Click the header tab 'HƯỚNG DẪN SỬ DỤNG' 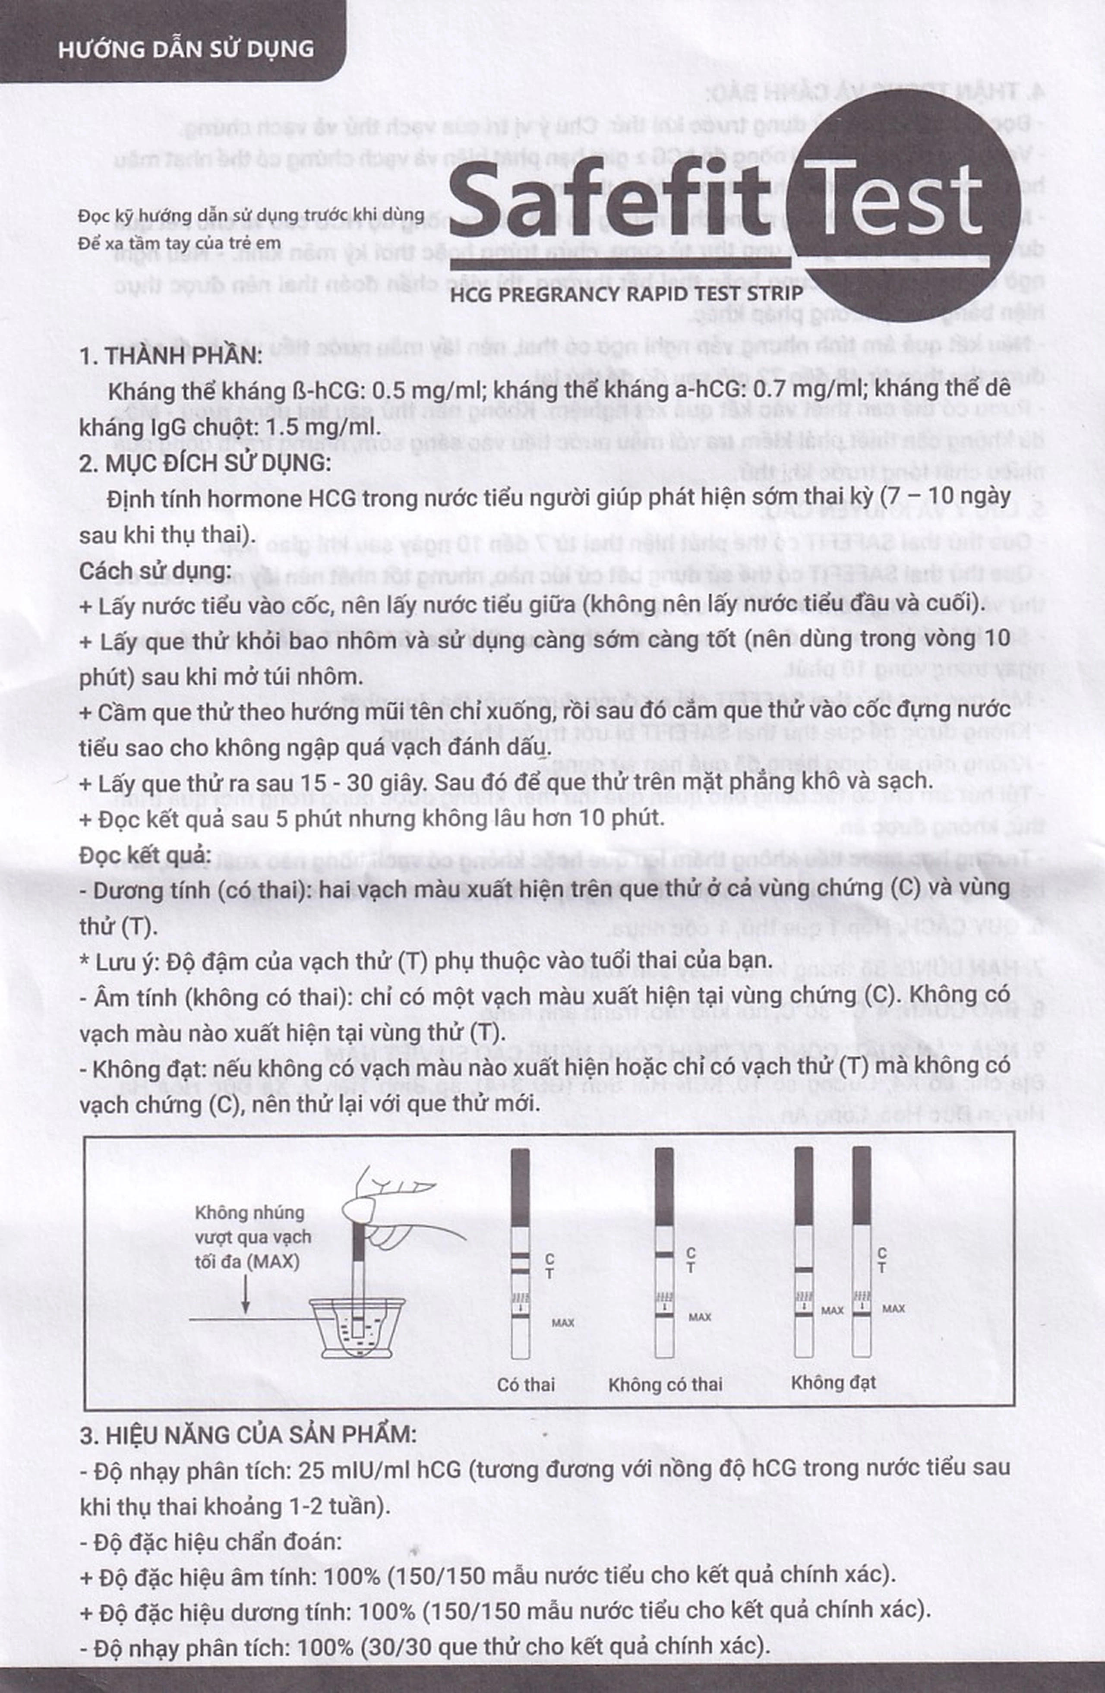pyautogui.click(x=186, y=48)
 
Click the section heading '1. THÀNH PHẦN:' pyautogui.click(x=171, y=356)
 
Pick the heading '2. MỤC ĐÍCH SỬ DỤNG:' pyautogui.click(x=205, y=463)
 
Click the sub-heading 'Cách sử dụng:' pyautogui.click(x=155, y=571)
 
